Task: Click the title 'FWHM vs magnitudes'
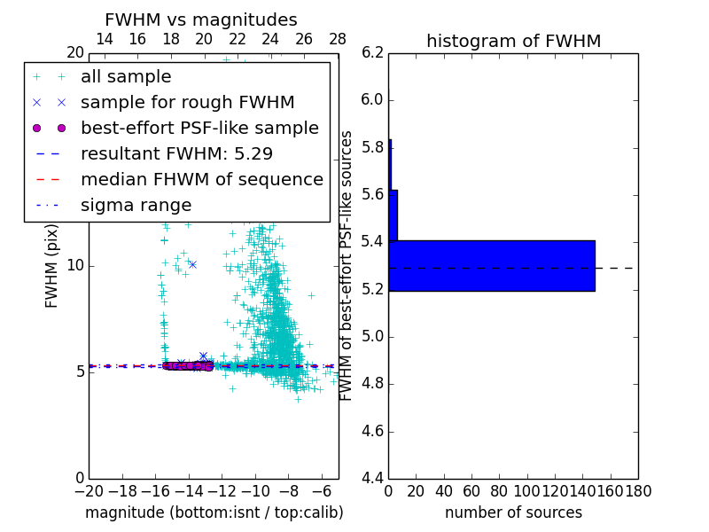coord(201,20)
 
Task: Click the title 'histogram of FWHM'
coord(513,41)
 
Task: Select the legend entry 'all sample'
coord(126,77)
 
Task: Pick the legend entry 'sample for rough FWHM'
coord(188,102)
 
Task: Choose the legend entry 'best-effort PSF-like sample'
coord(199,128)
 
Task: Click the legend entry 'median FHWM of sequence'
coord(202,179)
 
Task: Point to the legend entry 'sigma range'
coord(136,205)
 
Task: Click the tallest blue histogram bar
coord(492,265)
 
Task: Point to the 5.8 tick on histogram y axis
coord(372,146)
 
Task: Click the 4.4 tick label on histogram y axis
coord(372,479)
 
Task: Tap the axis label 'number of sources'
coord(513,512)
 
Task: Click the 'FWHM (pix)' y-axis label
coord(52,265)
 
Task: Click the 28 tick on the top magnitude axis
coord(338,39)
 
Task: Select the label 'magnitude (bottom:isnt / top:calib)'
coord(214,512)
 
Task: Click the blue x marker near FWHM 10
coord(192,264)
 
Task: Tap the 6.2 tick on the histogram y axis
coord(372,52)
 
